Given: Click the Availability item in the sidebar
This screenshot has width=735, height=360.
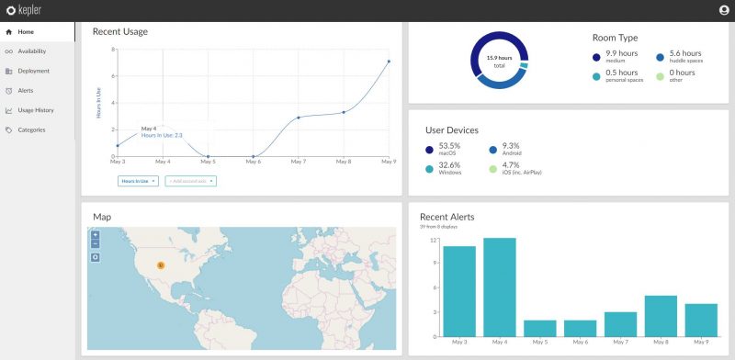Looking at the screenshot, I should click(31, 51).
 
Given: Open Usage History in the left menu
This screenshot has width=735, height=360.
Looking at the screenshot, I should click(36, 110).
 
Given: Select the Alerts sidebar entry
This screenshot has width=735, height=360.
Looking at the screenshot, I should click(26, 90).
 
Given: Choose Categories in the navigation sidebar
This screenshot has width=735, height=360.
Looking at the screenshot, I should click(31, 129).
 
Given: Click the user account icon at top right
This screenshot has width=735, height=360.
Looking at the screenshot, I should click(723, 10).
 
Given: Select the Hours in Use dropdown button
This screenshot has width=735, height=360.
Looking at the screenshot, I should click(139, 181).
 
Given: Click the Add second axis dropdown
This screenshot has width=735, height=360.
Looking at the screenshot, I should click(191, 181).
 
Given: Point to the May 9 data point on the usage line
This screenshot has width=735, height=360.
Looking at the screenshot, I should click(389, 62).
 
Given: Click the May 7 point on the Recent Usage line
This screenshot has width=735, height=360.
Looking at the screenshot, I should click(299, 118).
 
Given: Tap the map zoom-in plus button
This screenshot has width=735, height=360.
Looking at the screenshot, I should click(96, 235).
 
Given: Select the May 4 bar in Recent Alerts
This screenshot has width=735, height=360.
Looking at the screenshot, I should click(499, 287).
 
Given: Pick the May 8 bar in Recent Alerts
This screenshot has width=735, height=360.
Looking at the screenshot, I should click(661, 315).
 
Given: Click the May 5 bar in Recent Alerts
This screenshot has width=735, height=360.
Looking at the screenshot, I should click(539, 328).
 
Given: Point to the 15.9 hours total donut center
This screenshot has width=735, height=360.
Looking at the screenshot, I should click(499, 61).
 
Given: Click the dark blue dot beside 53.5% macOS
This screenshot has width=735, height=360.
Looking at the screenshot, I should click(429, 149).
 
